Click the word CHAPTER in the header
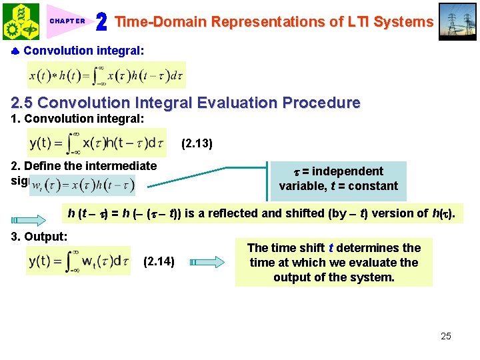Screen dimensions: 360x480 (x=67, y=21)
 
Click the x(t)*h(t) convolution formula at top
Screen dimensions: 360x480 (x=107, y=75)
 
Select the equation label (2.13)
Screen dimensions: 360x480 (x=197, y=143)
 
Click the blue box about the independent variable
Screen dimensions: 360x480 (x=338, y=179)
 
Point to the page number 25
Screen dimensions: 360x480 (x=445, y=336)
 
